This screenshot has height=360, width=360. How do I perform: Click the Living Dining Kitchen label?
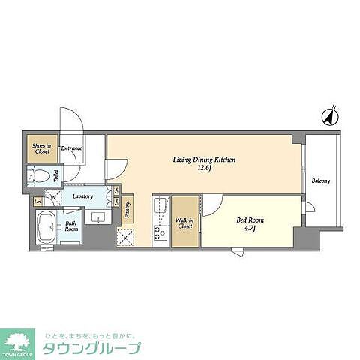[x=205, y=160]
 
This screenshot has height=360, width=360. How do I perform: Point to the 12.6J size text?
[x=205, y=169]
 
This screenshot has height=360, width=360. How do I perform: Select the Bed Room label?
[x=250, y=220]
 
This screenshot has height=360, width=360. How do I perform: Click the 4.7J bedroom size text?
[x=250, y=229]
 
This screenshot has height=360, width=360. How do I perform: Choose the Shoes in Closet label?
[x=40, y=148]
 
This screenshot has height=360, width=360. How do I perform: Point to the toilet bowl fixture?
[x=40, y=177]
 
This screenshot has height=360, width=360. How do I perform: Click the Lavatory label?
[x=82, y=196]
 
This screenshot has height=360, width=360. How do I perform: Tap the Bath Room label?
[x=70, y=226]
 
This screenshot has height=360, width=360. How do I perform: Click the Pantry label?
[x=129, y=211]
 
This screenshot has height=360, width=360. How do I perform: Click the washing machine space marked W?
[x=52, y=197]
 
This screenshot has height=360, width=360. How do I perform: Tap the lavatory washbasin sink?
[x=97, y=218]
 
